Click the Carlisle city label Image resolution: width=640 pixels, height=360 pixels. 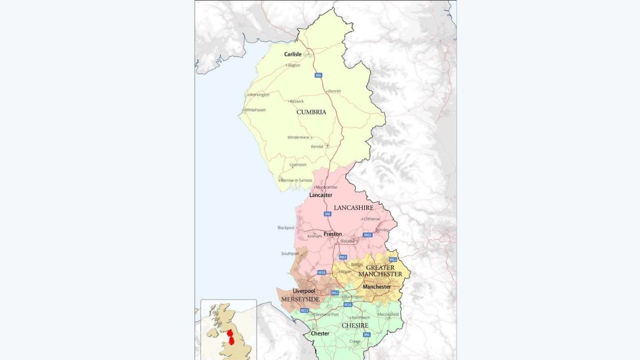[293, 54]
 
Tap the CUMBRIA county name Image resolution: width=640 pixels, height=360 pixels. [311, 112]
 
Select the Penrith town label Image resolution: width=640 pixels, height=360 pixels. [334, 91]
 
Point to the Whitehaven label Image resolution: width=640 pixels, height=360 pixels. [255, 110]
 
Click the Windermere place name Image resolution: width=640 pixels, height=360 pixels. [298, 137]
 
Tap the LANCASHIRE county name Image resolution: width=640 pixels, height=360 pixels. [353, 207]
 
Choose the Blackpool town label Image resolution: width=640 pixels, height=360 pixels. [286, 228]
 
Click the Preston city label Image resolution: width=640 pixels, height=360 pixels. [333, 234]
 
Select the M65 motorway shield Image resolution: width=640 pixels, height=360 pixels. [367, 235]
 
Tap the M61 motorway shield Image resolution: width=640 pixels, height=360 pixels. [343, 257]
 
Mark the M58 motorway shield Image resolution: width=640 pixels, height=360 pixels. [322, 273]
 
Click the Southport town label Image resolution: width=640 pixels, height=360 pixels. [290, 253]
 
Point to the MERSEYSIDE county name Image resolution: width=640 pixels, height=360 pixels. [300, 300]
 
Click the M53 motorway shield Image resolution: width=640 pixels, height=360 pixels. [305, 310]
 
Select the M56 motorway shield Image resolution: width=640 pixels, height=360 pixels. [348, 305]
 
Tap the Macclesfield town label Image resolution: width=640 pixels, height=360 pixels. [388, 314]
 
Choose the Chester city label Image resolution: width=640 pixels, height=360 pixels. [320, 333]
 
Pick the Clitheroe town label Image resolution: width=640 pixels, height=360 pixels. [371, 219]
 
